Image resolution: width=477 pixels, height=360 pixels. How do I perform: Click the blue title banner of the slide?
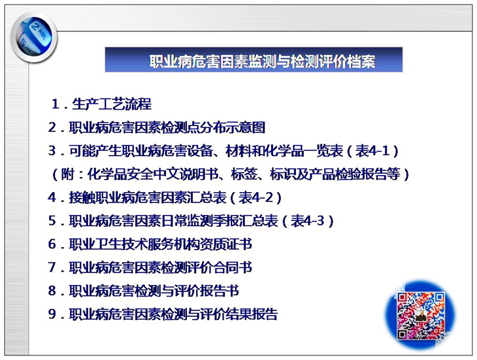(254, 59)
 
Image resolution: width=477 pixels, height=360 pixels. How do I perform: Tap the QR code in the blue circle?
(420, 316)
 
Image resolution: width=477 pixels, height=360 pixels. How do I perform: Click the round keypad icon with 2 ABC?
(34, 38)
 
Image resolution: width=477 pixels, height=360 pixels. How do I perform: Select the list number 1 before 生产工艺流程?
(55, 104)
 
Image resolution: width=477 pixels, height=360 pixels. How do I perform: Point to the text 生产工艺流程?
(112, 104)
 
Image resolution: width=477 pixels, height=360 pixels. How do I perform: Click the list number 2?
(52, 127)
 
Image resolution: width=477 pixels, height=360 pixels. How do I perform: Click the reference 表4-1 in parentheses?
(373, 151)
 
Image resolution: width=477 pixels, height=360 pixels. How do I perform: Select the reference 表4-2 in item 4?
(256, 197)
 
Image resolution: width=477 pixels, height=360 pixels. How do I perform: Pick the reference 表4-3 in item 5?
(308, 221)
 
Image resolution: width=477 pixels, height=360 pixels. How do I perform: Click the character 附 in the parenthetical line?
(68, 174)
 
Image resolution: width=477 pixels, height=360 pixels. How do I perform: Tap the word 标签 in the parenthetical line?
(244, 174)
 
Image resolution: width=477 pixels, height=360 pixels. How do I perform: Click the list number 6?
(52, 244)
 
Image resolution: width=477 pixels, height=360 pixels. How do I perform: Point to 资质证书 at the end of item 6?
(226, 244)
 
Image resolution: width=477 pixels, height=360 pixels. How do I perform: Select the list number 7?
(52, 268)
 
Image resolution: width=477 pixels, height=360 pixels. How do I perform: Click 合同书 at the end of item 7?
(233, 268)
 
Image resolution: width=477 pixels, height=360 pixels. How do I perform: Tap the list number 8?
(52, 291)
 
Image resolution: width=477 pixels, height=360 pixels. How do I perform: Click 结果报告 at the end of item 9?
(252, 314)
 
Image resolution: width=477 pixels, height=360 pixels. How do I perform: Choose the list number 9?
(52, 314)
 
